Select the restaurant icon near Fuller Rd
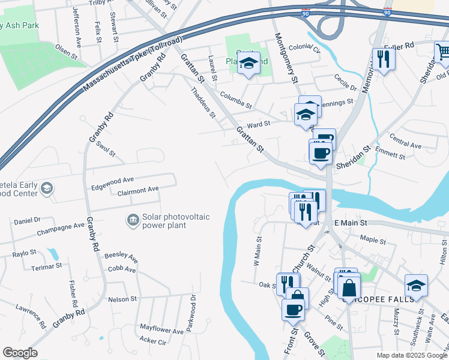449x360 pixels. [x=382, y=59]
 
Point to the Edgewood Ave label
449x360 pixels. [x=112, y=180]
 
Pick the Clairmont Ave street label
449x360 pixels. [x=138, y=189]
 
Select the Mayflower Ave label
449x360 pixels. [x=161, y=331]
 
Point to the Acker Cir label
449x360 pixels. [x=152, y=341]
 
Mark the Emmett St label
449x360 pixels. [x=391, y=155]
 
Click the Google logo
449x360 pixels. [x=20, y=353]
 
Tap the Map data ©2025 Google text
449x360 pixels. [x=411, y=355]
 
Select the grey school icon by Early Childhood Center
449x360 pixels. [x=46, y=190]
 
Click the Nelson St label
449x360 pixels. [x=122, y=299]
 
